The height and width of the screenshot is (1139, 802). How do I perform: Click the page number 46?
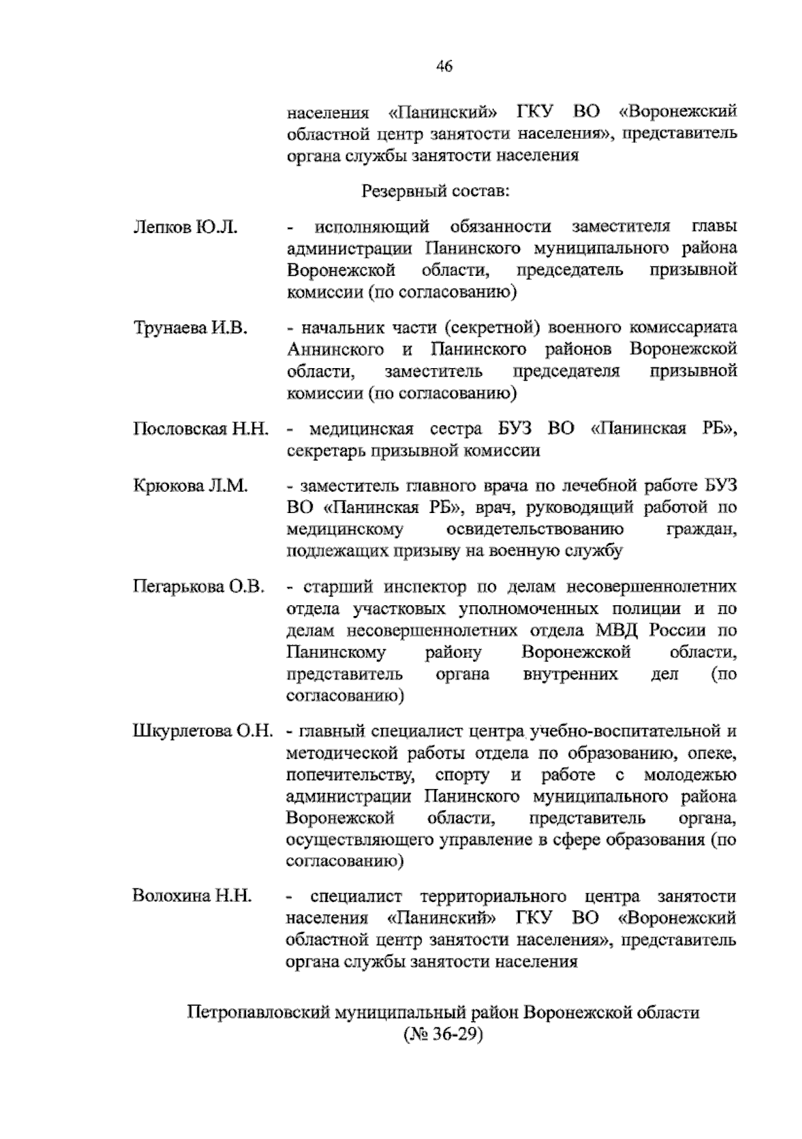tap(444, 65)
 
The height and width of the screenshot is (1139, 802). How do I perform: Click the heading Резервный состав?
tap(435, 192)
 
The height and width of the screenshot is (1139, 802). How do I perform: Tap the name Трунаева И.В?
tap(190, 328)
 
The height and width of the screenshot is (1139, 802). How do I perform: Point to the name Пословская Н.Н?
tap(200, 429)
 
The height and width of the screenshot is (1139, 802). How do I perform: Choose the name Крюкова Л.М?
tap(190, 486)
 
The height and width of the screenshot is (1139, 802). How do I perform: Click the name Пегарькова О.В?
tap(199, 587)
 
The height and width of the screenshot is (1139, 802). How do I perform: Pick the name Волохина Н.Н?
tap(192, 897)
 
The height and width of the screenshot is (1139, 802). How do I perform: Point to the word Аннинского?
tap(335, 349)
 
